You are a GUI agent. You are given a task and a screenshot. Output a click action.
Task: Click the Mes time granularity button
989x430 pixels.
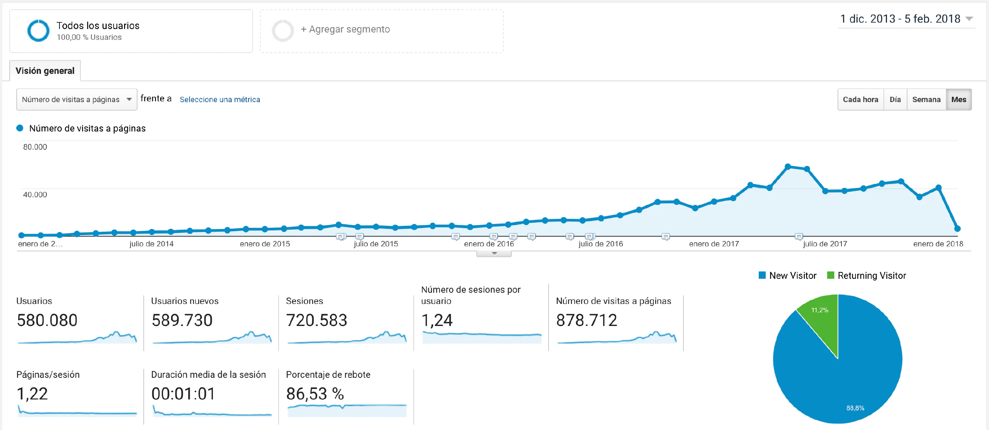click(958, 99)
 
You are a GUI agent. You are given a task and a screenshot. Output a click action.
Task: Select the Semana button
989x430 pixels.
click(926, 99)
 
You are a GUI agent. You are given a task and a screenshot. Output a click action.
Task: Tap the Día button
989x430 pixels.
click(895, 99)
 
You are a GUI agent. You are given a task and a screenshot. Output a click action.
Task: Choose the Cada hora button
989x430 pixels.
click(860, 99)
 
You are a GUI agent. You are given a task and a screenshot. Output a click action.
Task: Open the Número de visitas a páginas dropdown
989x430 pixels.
click(76, 99)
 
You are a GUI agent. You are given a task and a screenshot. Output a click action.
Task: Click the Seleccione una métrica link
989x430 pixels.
click(220, 99)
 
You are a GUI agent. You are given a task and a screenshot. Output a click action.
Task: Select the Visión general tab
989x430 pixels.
click(45, 71)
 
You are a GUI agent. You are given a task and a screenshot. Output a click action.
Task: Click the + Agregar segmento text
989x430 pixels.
click(345, 29)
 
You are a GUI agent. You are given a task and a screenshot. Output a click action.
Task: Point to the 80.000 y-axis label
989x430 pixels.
click(35, 147)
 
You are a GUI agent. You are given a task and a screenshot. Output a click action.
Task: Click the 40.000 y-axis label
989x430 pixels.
click(35, 195)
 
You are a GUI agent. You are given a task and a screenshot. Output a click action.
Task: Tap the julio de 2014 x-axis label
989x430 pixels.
click(151, 244)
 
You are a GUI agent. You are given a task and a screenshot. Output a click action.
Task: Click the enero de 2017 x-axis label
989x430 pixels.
click(714, 244)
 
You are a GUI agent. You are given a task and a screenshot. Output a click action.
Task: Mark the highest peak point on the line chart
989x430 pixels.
click(788, 167)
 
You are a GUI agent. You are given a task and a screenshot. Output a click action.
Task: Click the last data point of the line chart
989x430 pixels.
click(957, 229)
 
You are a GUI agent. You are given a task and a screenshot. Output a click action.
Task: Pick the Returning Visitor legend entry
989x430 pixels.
click(871, 275)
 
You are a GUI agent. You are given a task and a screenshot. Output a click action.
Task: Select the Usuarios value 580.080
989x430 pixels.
click(47, 320)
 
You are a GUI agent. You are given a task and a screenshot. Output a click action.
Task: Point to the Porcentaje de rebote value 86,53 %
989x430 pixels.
click(315, 394)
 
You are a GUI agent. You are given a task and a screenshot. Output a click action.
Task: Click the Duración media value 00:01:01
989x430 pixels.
click(183, 394)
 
